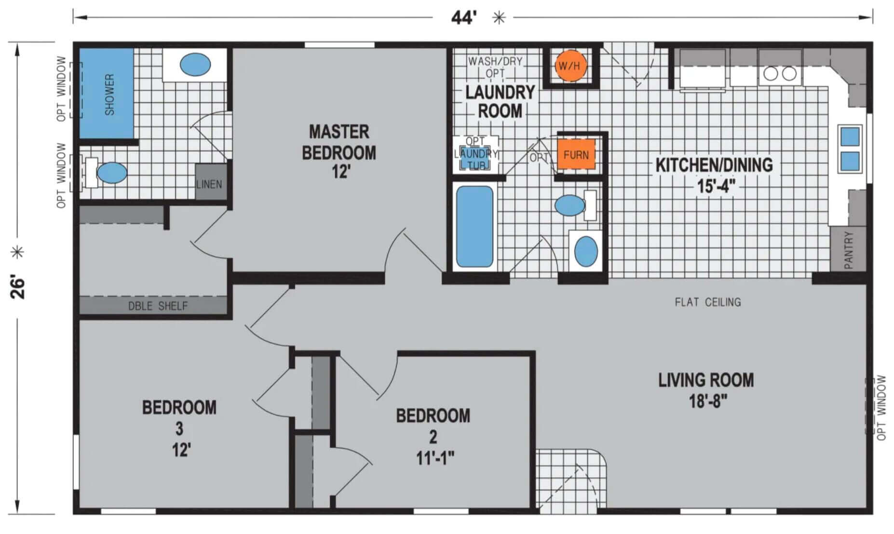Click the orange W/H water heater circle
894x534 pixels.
(569, 66)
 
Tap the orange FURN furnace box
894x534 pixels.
(576, 155)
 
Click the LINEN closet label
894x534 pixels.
(209, 184)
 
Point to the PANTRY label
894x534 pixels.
(849, 250)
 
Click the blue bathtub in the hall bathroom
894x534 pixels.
(474, 227)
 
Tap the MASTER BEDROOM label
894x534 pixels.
(339, 142)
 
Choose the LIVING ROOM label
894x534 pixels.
(706, 380)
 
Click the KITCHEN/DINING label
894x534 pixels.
(714, 165)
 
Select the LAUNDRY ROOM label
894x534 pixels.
(500, 102)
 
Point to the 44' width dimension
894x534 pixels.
(464, 18)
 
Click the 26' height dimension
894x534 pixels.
(18, 287)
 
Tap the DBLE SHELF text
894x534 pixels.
(158, 306)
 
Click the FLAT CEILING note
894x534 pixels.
(708, 302)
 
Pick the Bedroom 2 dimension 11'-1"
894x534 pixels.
(435, 458)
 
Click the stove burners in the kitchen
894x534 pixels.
(780, 74)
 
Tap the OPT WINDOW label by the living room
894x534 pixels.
(881, 408)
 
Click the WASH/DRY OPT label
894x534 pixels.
(495, 67)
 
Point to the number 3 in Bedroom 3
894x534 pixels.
(179, 428)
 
